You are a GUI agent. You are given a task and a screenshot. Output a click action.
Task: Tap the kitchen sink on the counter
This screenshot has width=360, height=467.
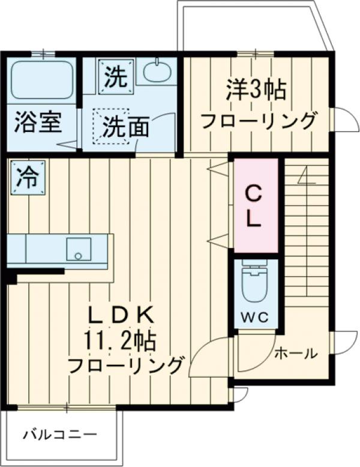(x=77, y=248)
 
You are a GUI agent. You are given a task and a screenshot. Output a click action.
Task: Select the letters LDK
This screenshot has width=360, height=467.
(x=122, y=314)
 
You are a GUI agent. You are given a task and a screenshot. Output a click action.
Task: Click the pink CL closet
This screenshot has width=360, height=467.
(x=255, y=205)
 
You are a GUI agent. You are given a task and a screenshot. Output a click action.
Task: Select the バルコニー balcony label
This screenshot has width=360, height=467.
(x=59, y=434)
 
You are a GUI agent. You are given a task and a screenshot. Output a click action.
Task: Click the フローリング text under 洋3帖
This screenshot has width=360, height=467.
(x=258, y=121)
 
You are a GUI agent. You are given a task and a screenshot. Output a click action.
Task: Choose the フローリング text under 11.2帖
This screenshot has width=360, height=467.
(x=125, y=366)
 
